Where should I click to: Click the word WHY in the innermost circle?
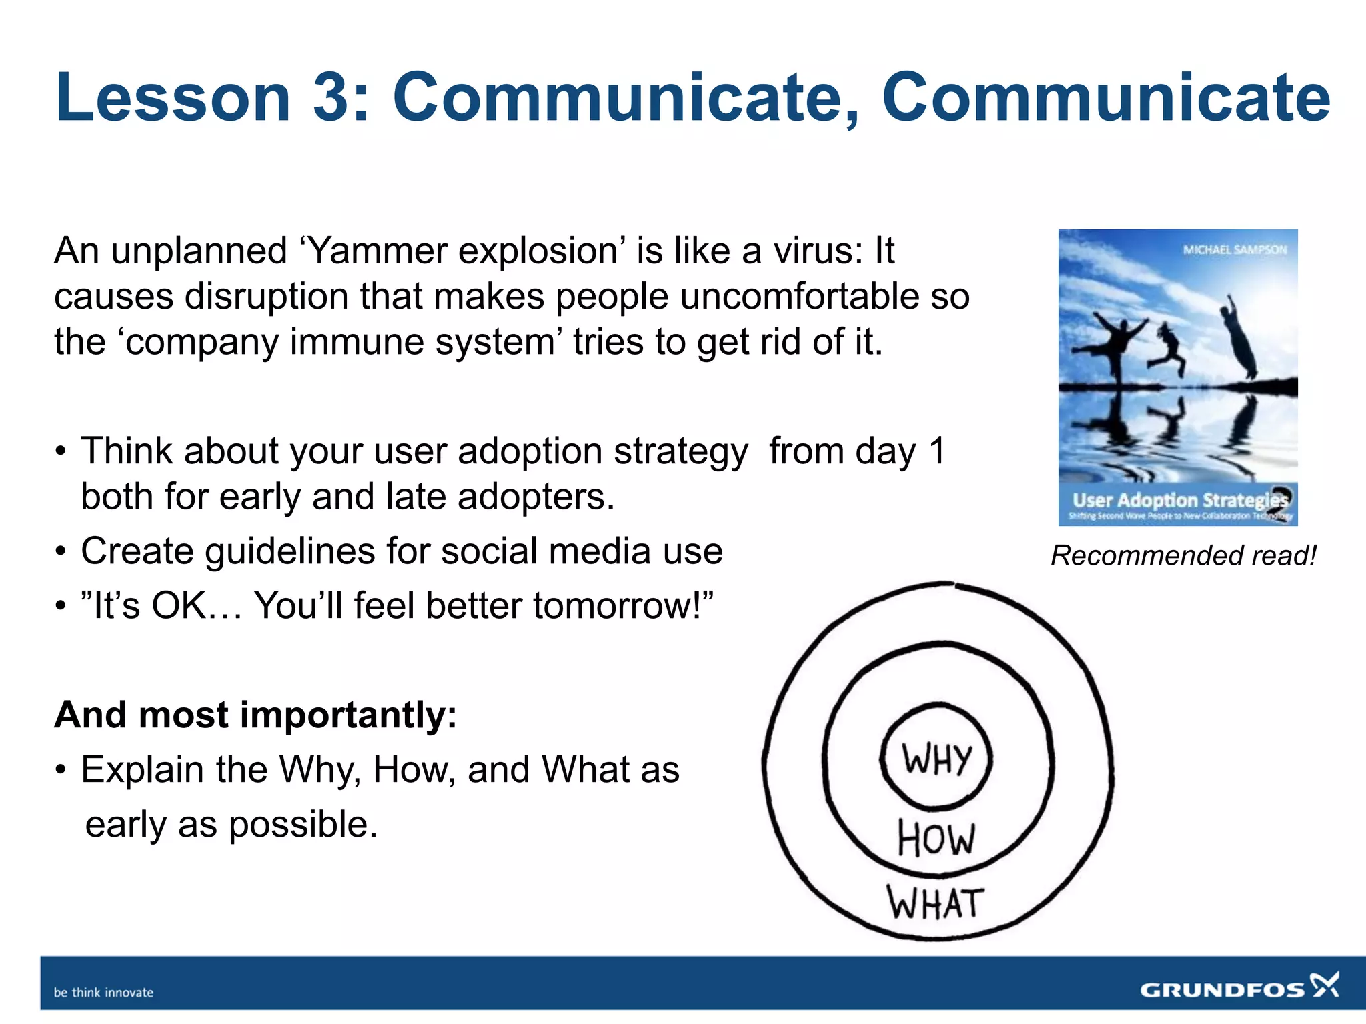[x=936, y=759]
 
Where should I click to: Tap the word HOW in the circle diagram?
[x=936, y=838]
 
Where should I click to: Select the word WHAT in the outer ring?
[x=935, y=903]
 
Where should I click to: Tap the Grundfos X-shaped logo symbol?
[x=1325, y=985]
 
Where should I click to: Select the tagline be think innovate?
[x=103, y=992]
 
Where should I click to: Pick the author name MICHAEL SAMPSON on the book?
[x=1235, y=250]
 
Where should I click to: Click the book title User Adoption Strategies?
[x=1179, y=500]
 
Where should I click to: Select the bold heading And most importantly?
[x=255, y=715]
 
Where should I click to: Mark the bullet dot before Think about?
[x=61, y=452]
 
